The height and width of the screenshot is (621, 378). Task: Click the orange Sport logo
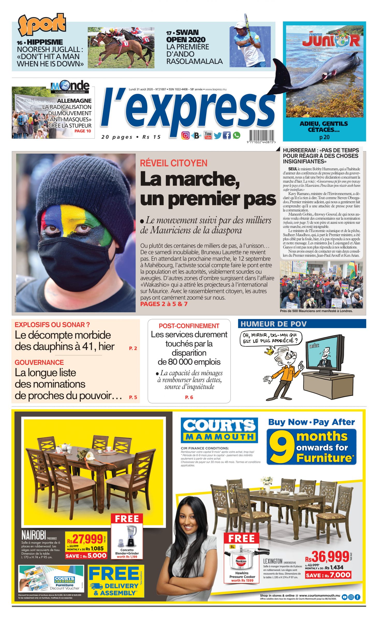click(41, 25)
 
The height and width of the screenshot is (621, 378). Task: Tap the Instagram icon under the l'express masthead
click(185, 135)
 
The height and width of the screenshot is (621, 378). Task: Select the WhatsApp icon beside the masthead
click(236, 135)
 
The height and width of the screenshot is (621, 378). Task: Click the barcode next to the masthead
click(261, 136)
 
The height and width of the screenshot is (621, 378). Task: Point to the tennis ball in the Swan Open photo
click(257, 37)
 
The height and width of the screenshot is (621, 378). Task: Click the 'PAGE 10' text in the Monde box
click(83, 131)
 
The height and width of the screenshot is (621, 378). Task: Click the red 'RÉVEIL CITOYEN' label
click(174, 163)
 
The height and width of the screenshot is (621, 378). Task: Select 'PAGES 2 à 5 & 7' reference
click(164, 304)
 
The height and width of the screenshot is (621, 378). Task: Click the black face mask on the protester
click(75, 261)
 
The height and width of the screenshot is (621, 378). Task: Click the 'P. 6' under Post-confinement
click(189, 397)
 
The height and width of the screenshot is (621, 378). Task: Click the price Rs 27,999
click(85, 539)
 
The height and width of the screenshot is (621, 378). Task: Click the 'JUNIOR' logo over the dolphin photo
click(331, 40)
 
